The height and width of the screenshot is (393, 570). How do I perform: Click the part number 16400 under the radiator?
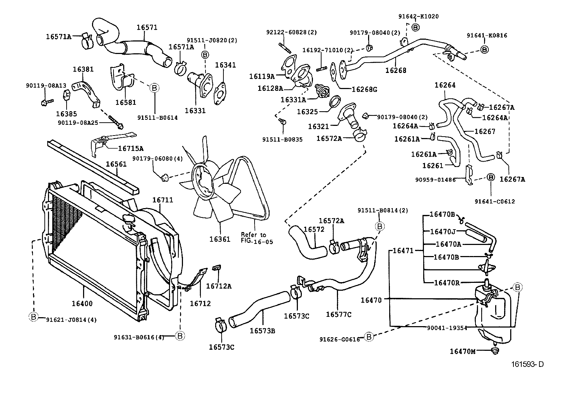click(82, 304)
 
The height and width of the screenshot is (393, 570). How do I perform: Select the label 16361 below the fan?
click(219, 239)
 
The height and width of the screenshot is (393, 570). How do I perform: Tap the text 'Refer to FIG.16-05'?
click(253, 238)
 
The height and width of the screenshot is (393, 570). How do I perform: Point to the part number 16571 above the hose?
click(147, 28)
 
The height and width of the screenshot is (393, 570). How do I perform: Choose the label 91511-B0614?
click(157, 117)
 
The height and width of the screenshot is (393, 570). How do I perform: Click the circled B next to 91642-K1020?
click(415, 27)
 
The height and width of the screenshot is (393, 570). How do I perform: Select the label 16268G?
click(364, 89)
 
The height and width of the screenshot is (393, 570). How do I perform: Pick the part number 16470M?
click(463, 352)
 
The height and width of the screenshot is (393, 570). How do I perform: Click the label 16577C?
click(338, 314)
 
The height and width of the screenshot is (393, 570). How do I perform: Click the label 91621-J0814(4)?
click(71, 320)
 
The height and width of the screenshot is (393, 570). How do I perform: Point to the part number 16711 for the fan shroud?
click(163, 200)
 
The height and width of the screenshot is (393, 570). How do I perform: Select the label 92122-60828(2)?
click(291, 32)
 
